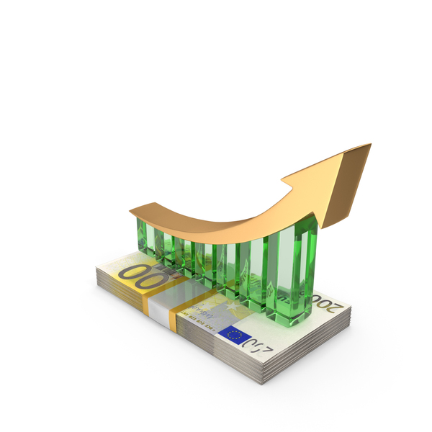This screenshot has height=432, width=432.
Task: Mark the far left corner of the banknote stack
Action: (96, 269)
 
